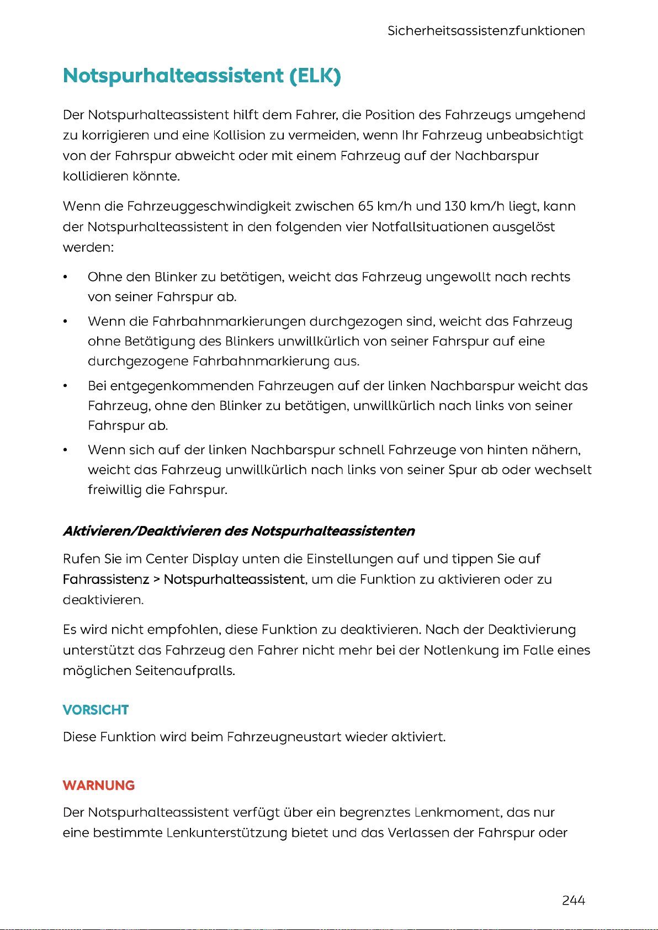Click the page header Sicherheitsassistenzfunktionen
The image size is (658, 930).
tap(486, 31)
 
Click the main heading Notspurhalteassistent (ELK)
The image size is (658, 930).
tap(202, 76)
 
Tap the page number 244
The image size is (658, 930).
tap(574, 900)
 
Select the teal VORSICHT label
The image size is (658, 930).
tap(95, 710)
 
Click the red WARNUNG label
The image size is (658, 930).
tap(99, 785)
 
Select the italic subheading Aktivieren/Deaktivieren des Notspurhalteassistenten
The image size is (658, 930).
tap(238, 531)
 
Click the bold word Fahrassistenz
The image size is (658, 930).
tap(106, 580)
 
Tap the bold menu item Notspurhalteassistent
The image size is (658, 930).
tap(234, 580)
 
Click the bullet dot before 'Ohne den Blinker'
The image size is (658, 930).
tap(65, 277)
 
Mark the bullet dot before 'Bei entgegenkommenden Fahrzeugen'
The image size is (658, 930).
tap(65, 386)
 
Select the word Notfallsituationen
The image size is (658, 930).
tap(430, 227)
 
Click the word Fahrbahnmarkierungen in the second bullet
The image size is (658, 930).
tap(229, 321)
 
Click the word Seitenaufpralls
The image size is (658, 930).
tap(185, 671)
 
